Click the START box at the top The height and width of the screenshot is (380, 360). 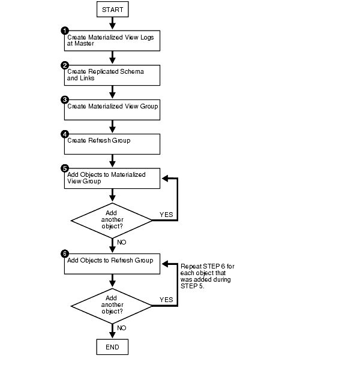tap(112, 9)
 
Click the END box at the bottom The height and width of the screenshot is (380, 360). tap(112, 346)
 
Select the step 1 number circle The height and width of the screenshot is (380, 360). tap(65, 31)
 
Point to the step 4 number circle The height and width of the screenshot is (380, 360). tap(65, 134)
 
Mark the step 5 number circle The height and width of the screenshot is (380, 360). tap(65, 168)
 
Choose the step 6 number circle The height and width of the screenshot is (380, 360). tap(65, 254)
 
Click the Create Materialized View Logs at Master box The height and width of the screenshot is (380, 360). tap(112, 40)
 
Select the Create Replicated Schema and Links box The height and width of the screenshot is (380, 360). tap(112, 75)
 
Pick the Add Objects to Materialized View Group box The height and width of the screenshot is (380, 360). tap(112, 178)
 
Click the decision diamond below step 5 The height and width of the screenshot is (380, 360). tap(112, 220)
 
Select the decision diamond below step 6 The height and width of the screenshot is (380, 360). tap(112, 304)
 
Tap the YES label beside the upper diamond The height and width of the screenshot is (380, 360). tap(166, 213)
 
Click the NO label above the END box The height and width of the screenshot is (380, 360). tap(122, 328)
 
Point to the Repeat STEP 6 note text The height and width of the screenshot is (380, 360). tap(205, 276)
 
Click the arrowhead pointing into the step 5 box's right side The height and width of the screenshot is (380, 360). tap(166, 178)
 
